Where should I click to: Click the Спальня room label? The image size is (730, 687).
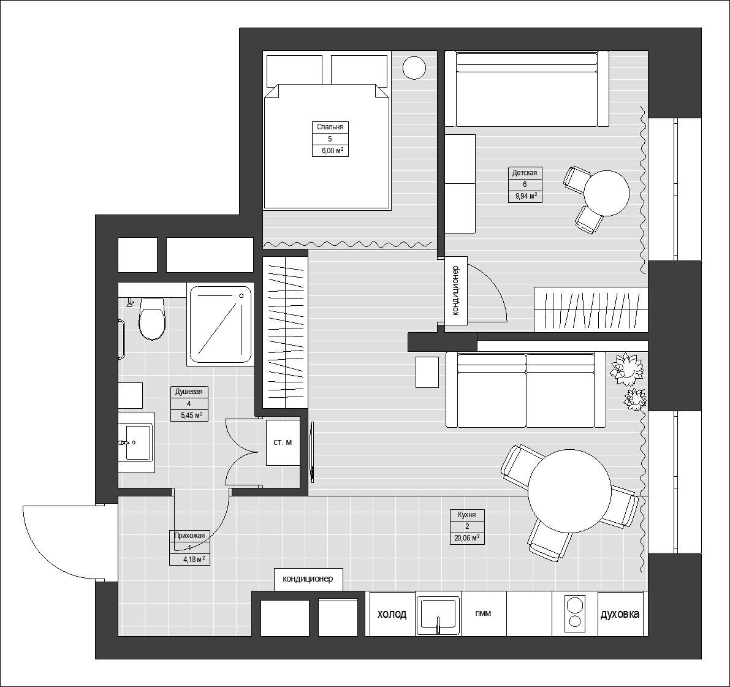pyautogui.click(x=330, y=127)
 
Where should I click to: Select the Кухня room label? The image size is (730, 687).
pyautogui.click(x=467, y=515)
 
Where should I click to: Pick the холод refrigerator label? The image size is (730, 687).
pyautogui.click(x=392, y=614)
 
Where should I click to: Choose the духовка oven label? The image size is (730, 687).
pyautogui.click(x=620, y=614)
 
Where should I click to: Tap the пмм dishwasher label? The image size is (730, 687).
pyautogui.click(x=483, y=613)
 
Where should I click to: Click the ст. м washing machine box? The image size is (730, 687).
pyautogui.click(x=283, y=442)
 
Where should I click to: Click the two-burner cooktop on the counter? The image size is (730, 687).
pyautogui.click(x=574, y=613)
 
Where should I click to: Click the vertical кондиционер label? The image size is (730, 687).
pyautogui.click(x=455, y=290)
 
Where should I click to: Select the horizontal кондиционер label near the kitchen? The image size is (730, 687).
pyautogui.click(x=308, y=579)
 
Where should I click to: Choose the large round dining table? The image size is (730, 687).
pyautogui.click(x=569, y=492)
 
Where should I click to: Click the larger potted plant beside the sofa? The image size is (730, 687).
pyautogui.click(x=625, y=368)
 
